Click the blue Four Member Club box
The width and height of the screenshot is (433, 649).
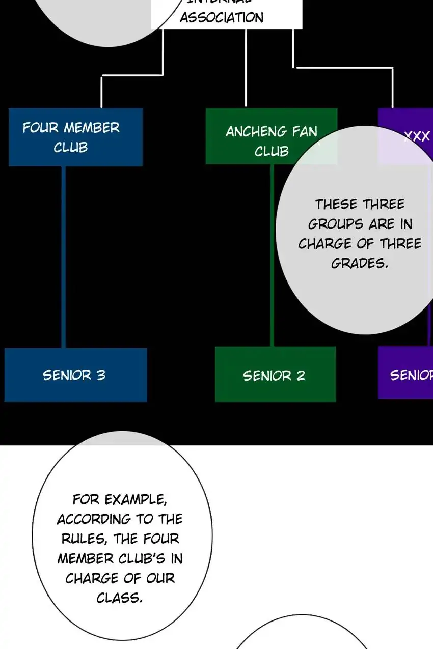75,137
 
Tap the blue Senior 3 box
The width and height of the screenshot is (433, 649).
75,375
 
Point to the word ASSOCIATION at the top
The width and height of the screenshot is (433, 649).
222,18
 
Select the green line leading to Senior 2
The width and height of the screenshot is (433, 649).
272,255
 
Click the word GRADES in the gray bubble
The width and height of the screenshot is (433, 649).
360,263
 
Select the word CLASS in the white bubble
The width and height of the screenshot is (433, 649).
120,598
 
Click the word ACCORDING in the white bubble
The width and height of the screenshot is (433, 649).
94,519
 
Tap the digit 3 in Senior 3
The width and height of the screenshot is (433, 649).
101,375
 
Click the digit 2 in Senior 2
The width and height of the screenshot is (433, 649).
301,376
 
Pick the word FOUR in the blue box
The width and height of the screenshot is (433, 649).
40,127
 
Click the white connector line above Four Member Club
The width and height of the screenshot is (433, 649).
101,92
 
